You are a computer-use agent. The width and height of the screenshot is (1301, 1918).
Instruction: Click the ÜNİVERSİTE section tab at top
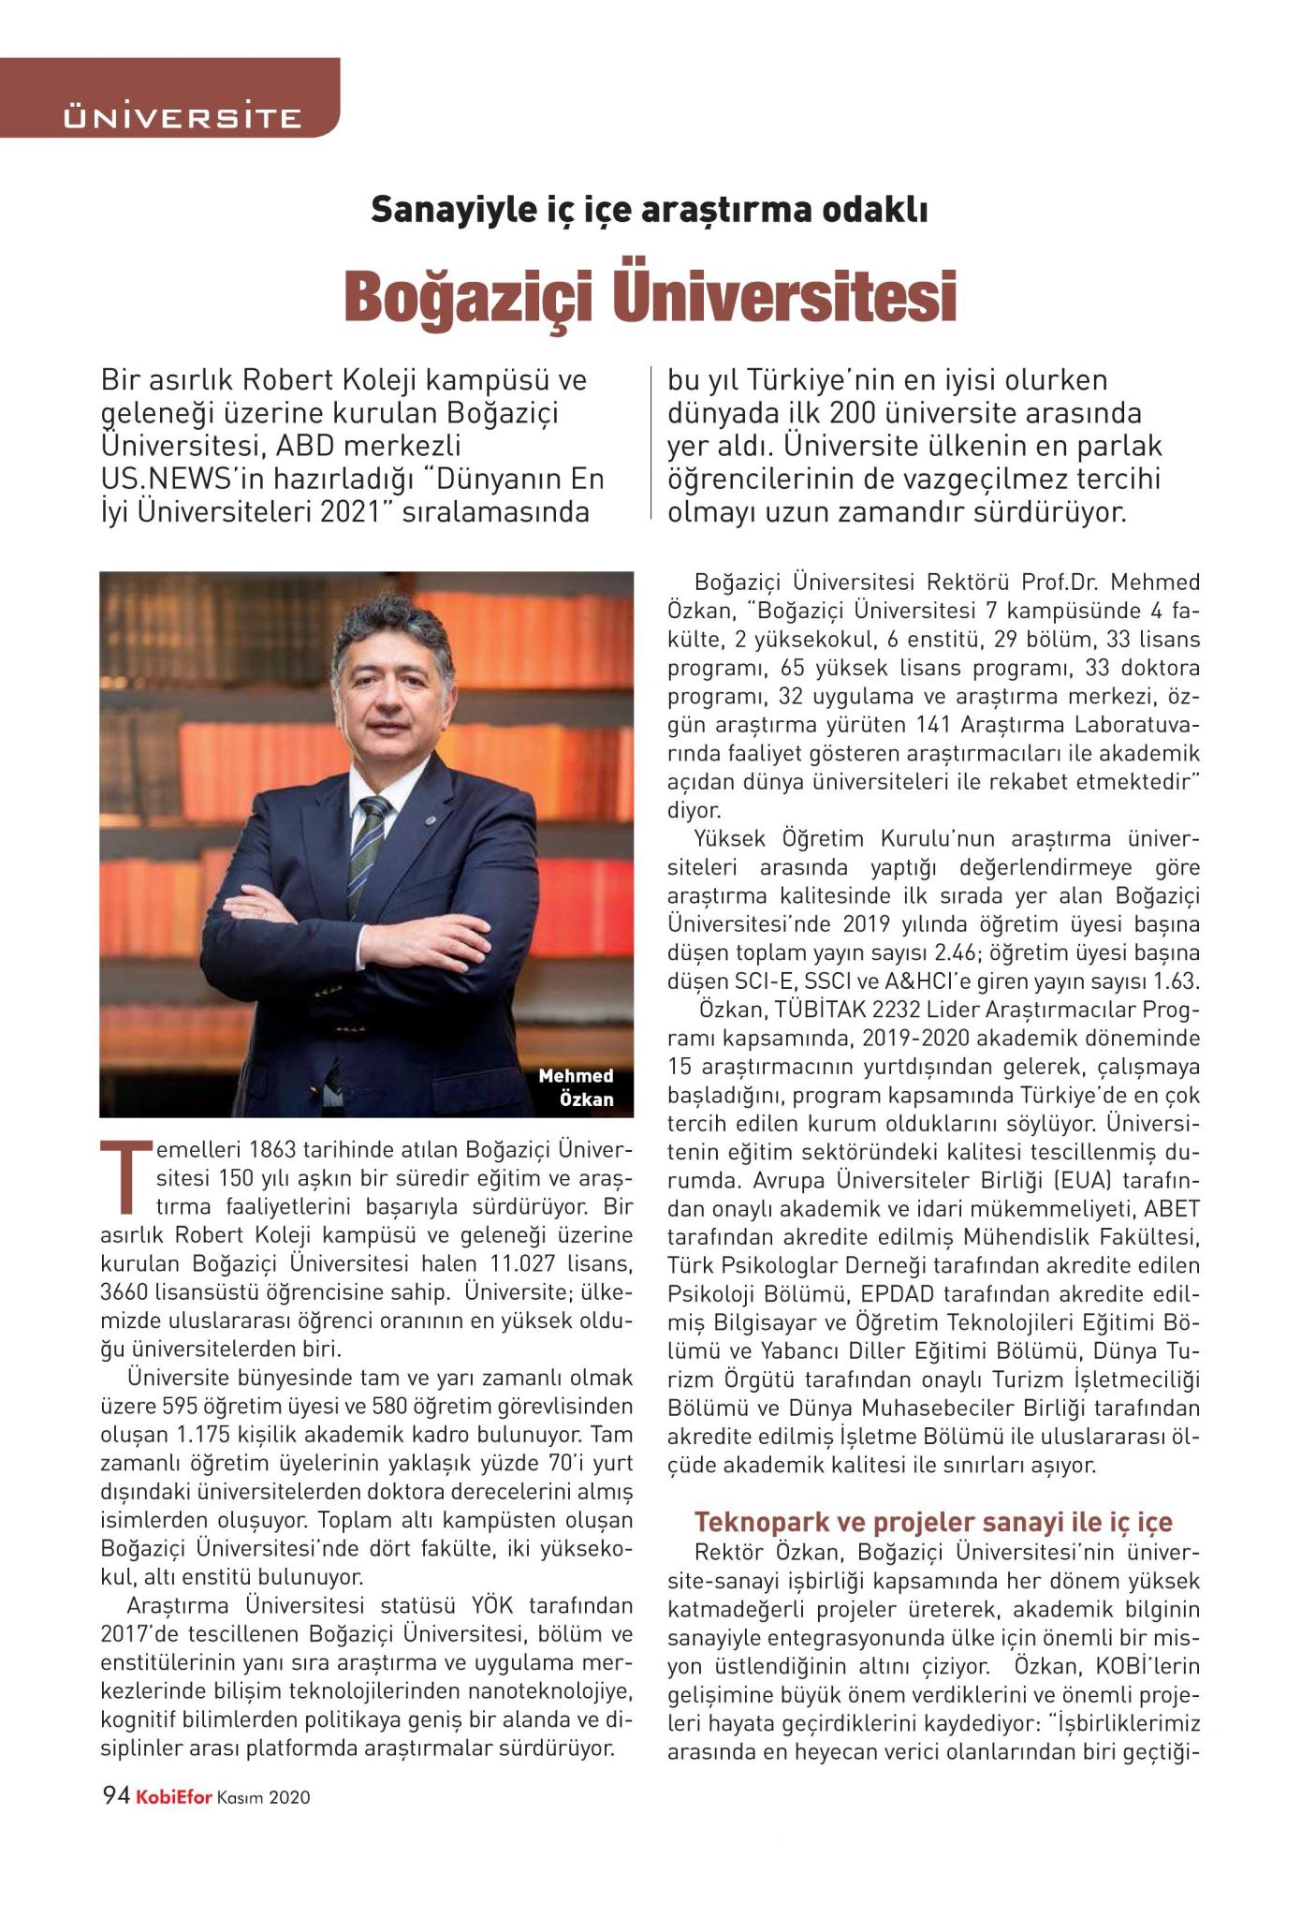[x=182, y=117]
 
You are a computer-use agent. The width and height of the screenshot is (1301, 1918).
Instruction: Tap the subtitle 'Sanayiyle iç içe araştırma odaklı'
[x=650, y=210]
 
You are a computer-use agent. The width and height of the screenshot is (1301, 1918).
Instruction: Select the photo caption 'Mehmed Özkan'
[x=577, y=1086]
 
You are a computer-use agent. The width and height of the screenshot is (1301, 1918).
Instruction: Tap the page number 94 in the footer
[x=115, y=1796]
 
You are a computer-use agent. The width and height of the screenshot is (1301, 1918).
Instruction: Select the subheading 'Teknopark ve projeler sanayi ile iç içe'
[x=933, y=1521]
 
